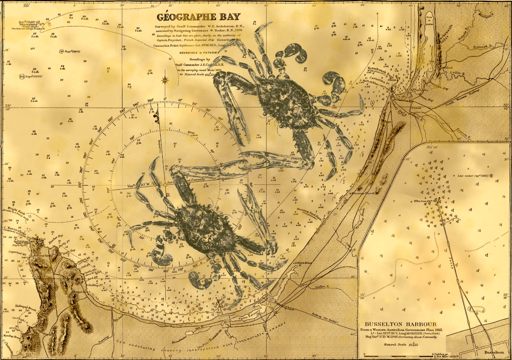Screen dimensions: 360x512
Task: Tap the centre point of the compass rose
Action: click(x=165, y=185)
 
